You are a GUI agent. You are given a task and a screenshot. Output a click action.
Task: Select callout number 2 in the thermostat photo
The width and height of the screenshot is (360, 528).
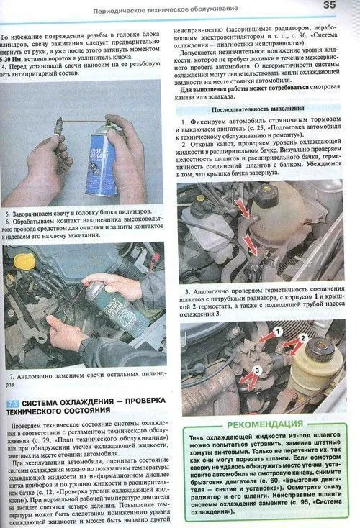pos(304,337)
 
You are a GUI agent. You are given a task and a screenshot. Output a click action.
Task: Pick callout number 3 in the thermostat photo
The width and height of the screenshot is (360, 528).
pos(257,371)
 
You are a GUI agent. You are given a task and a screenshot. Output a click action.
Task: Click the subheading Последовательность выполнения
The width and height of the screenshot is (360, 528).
pos(264,109)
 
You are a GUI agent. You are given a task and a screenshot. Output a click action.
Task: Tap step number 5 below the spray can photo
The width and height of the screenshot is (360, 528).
pos(7,214)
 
